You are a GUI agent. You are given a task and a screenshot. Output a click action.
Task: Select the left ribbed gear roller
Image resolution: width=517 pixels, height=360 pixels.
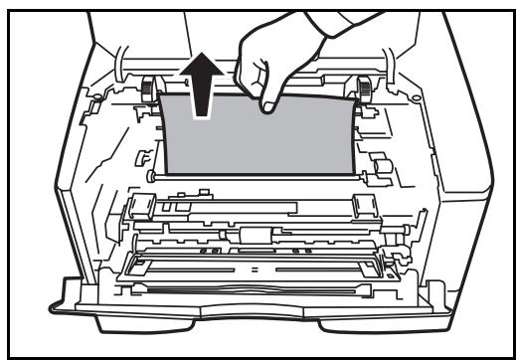(151, 87)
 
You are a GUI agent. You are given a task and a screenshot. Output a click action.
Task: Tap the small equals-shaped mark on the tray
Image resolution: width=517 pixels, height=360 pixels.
(257, 270)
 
